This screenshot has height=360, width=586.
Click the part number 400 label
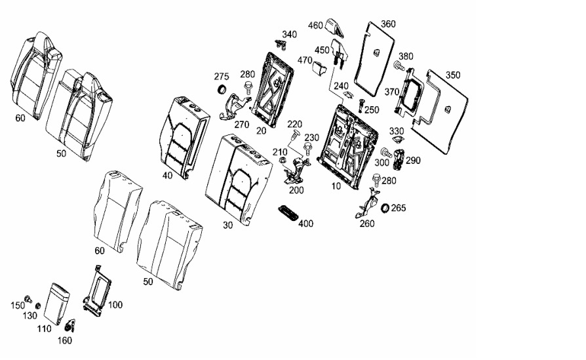305,224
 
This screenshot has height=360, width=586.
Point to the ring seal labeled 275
222,89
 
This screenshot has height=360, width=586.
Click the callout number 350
453,75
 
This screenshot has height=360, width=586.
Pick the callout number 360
388,24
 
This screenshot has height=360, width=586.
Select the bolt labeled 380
399,66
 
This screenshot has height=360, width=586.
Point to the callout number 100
115,305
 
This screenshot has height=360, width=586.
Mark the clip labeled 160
70,323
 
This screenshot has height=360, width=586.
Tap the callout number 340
289,34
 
